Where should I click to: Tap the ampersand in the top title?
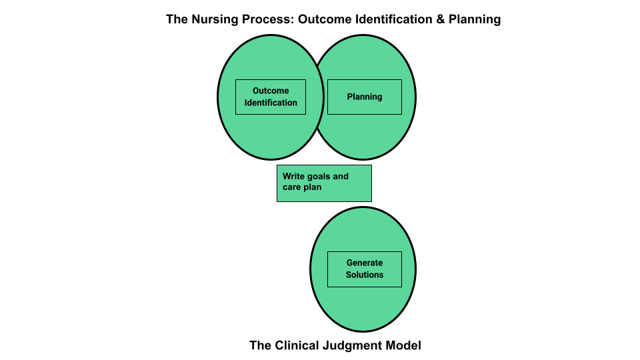[439, 19]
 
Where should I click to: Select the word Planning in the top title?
[475, 19]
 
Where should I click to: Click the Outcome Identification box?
[271, 97]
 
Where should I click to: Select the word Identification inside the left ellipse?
[271, 103]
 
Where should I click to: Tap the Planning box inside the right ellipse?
[365, 97]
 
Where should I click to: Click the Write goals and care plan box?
[324, 183]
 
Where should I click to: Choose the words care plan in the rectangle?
[302, 187]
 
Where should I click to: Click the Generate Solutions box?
[365, 269]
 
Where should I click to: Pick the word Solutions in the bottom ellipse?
[365, 275]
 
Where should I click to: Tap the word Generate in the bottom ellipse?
[365, 263]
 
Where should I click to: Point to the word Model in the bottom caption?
[405, 345]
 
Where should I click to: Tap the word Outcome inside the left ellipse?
[271, 91]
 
